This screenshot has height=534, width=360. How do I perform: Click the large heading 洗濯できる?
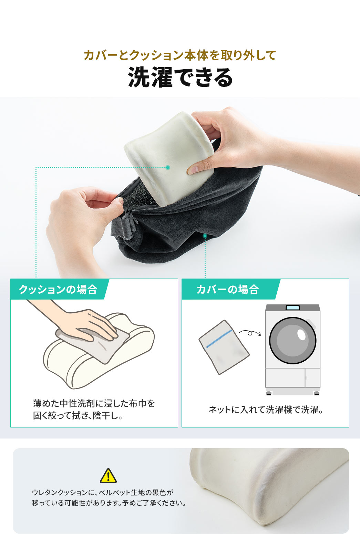[180, 77]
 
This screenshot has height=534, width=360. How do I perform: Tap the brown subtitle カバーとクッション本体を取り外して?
[180, 55]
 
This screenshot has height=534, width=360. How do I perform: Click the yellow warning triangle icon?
[108, 476]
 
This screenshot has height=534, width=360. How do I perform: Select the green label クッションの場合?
[58, 289]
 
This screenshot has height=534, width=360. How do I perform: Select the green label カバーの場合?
[227, 289]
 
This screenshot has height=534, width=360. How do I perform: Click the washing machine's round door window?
[292, 341]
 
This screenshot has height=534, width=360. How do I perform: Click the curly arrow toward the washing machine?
[250, 333]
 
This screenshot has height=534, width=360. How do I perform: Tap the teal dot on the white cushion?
[168, 167]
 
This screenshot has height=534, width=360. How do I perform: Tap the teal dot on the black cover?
[205, 236]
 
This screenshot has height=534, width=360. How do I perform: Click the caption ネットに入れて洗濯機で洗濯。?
[265, 410]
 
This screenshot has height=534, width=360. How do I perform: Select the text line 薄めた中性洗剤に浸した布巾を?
[94, 403]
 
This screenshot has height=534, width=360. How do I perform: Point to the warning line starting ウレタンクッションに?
[102, 492]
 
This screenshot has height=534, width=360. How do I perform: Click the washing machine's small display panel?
[292, 308]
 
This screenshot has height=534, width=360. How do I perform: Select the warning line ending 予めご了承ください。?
[109, 503]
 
